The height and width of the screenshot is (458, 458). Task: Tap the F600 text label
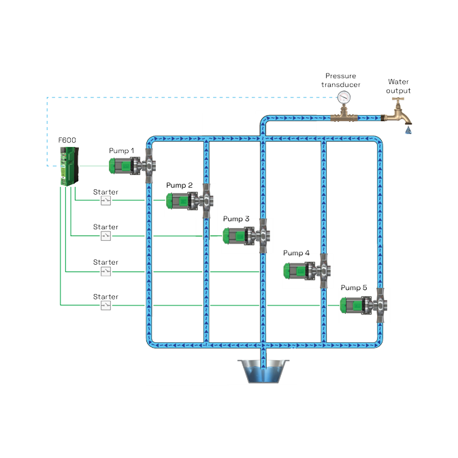[x=67, y=140]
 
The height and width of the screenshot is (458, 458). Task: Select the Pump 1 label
[x=122, y=150]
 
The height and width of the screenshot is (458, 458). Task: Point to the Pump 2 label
[x=179, y=185]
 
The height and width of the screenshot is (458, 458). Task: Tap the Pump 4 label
[x=296, y=253]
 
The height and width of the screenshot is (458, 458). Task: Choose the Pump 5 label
[x=354, y=288]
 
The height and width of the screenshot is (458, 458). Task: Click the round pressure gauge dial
[x=344, y=97]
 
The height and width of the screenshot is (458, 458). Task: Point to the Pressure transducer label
[x=340, y=80]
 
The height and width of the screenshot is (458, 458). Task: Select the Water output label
[x=399, y=85]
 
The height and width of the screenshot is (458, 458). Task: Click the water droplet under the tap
[x=408, y=129]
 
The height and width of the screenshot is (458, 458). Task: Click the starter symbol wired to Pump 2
[x=105, y=201]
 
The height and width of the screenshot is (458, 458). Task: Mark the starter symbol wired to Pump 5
[x=105, y=306]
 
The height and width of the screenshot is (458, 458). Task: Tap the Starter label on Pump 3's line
[x=105, y=227]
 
